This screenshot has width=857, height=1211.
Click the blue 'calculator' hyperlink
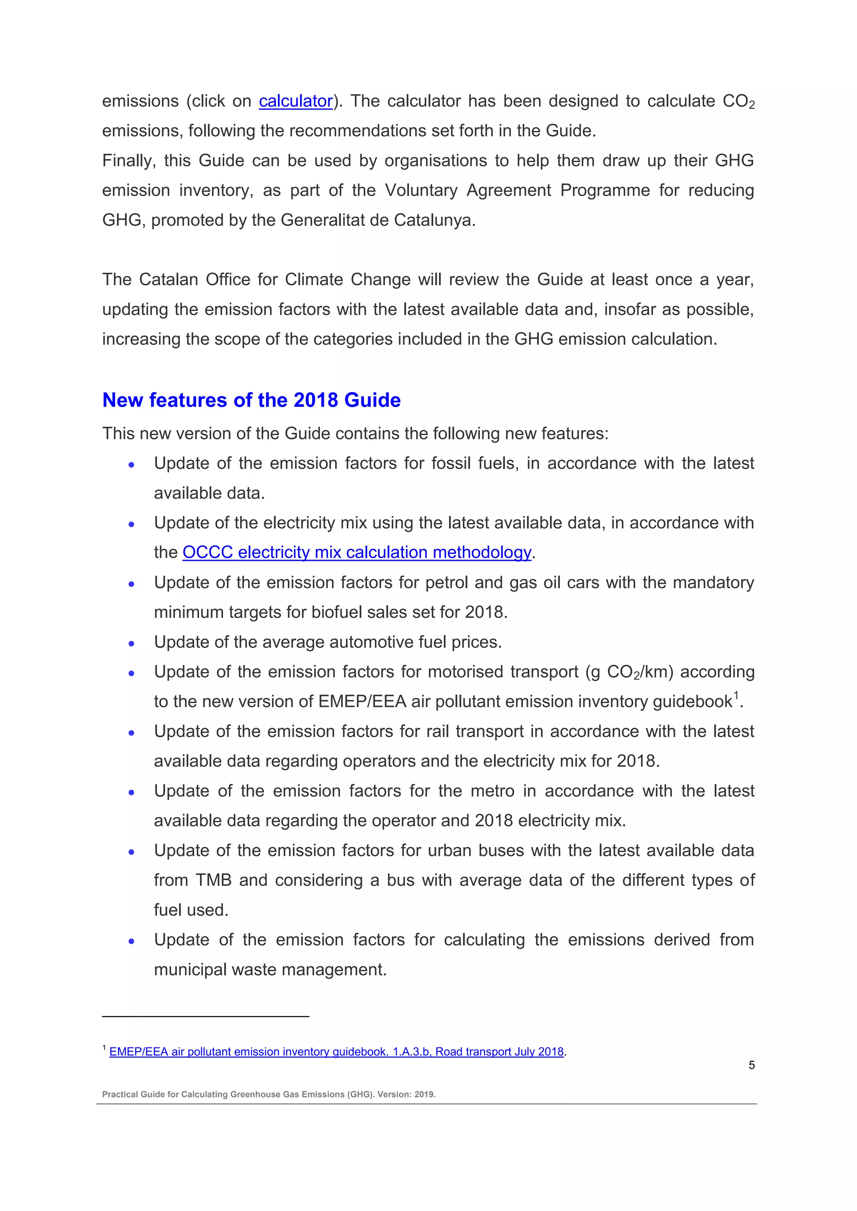coord(295,101)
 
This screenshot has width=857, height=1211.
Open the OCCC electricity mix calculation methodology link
coord(357,552)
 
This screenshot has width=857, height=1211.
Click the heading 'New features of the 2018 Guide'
coord(251,400)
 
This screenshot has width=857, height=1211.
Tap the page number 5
coord(752,1065)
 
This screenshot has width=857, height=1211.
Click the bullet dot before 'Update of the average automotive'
coord(131,644)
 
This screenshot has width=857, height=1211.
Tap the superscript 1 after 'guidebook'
coord(736,695)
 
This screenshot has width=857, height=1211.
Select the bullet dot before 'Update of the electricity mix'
coord(131,524)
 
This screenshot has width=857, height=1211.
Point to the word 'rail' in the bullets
coord(438,731)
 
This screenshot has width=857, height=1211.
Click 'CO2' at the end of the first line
coord(738,101)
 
